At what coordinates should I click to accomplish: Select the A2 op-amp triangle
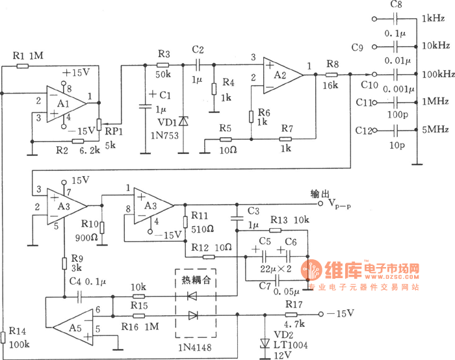(281, 73)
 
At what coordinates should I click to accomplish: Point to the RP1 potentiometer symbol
(99, 124)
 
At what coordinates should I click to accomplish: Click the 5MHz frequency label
(434, 130)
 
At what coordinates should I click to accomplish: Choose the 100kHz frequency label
(436, 74)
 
